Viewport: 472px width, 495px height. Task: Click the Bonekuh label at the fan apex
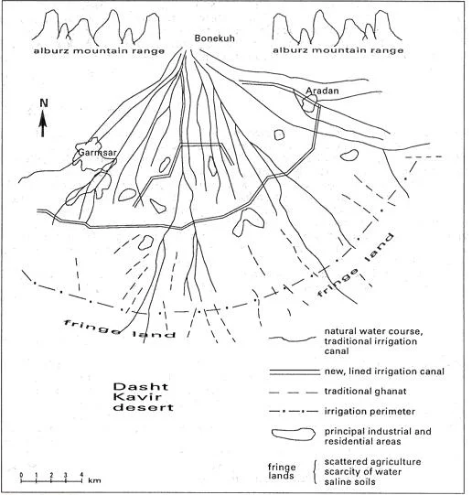tap(215, 38)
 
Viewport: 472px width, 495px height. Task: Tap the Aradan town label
tap(322, 91)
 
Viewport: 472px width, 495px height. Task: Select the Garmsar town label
tap(97, 153)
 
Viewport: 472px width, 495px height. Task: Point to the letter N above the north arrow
tap(44, 103)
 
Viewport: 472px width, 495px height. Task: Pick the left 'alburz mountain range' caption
tap(99, 51)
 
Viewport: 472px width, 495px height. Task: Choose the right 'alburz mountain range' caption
tap(338, 50)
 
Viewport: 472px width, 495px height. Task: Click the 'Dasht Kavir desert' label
tap(144, 397)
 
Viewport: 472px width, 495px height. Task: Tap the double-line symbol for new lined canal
tap(295, 371)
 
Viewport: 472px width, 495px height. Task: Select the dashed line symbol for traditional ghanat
tap(293, 393)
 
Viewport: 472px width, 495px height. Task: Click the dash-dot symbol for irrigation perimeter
tap(294, 412)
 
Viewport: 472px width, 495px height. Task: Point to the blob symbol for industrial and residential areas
tap(294, 434)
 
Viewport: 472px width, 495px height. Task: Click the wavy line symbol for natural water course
tap(292, 339)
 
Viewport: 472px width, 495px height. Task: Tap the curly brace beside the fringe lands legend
tap(315, 472)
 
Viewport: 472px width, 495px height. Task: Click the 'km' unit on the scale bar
tap(94, 480)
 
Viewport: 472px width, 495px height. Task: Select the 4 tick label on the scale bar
tap(81, 475)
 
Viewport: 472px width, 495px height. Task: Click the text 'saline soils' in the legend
tap(350, 482)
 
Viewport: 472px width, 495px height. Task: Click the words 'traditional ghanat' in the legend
tap(365, 392)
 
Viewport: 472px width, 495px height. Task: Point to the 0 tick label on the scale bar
tap(21, 475)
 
